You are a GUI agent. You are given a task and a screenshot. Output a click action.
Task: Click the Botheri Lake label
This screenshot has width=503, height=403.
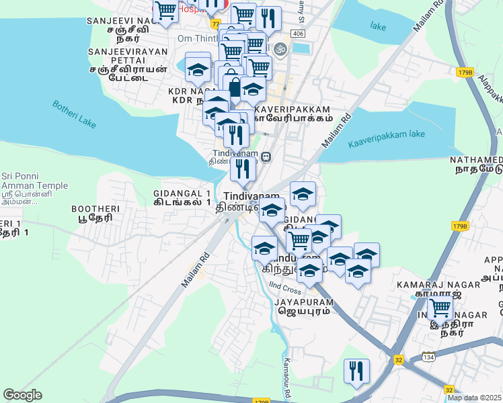tap(73, 116)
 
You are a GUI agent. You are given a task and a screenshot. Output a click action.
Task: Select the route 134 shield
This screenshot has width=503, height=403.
tap(428, 357)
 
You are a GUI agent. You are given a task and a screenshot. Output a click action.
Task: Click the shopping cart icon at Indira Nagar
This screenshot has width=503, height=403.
tap(440, 308)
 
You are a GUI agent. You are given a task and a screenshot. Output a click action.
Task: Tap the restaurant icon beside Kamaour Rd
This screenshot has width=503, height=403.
tap(356, 371)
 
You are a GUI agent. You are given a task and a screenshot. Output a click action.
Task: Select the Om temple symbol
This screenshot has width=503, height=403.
tap(281, 48)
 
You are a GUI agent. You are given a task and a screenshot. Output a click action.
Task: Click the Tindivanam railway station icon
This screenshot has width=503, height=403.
tap(266, 157)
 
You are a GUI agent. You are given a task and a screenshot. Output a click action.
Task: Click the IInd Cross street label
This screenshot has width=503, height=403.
tap(282, 290)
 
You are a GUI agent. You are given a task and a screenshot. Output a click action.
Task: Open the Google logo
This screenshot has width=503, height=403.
tap(22, 395)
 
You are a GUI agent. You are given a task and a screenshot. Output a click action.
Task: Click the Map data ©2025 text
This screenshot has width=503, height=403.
tap(475, 398)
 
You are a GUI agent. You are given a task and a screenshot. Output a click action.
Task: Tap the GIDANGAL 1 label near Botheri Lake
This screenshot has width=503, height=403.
tap(182, 197)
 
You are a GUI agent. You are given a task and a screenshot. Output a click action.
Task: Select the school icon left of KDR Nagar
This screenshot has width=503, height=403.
tap(198, 69)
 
